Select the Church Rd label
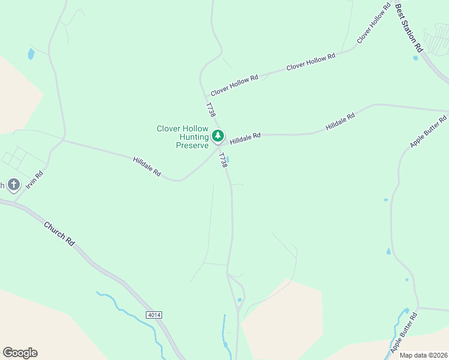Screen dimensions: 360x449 (x=59, y=234)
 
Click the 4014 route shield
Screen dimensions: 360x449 (x=154, y=314)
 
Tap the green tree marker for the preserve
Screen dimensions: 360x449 (x=218, y=136)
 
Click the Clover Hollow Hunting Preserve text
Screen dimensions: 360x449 (x=182, y=137)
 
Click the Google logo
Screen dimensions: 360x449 (x=20, y=353)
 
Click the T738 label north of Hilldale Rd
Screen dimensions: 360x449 (x=210, y=110)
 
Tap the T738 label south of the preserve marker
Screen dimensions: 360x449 (x=223, y=160)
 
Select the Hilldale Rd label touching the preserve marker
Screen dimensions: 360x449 (x=245, y=137)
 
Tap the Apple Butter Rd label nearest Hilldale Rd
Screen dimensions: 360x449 (x=429, y=132)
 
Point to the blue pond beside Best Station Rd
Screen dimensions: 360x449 (x=415, y=58)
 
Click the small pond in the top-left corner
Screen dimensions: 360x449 (x=31, y=54)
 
